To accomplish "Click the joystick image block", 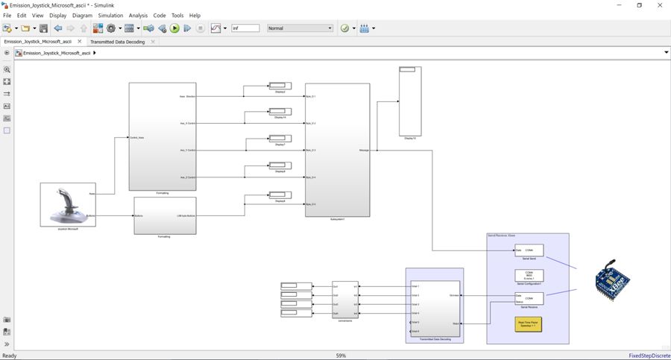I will tap(68, 203).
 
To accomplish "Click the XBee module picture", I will tap(611, 281).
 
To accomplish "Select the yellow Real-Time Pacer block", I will tap(529, 324).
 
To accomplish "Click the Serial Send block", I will tap(529, 250).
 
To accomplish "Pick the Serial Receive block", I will tap(529, 299).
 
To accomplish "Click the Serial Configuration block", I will tap(529, 275).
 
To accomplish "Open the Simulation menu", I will tap(110, 16).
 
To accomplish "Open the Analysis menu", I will tap(138, 16).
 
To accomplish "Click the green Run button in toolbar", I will tap(174, 28).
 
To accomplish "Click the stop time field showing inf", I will tap(245, 28).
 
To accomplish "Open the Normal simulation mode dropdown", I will tap(300, 28).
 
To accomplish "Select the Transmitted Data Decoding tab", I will tap(118, 42).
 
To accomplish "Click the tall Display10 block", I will tap(409, 101).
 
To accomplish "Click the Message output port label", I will tap(364, 151).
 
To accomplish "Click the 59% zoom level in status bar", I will tap(341, 356).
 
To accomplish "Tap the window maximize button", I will tap(639, 5).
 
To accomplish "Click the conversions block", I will tap(344, 300).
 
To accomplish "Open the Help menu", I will tap(195, 16).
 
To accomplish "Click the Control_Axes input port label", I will tap(137, 138).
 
